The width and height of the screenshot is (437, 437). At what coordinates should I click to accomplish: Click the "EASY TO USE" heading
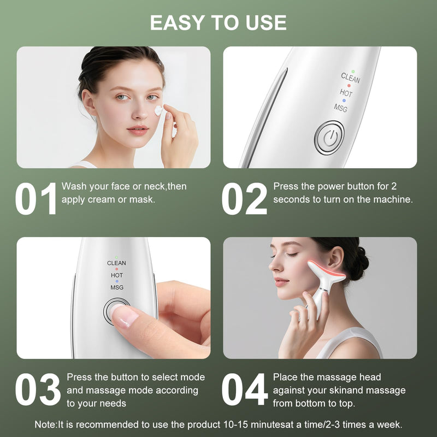tap(218, 22)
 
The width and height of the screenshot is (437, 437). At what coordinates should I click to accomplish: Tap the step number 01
tap(36, 199)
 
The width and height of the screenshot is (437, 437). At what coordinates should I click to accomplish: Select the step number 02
tap(244, 199)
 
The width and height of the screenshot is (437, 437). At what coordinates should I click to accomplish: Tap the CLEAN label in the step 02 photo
tap(350, 78)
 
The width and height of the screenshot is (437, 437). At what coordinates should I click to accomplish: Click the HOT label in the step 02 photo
tap(346, 93)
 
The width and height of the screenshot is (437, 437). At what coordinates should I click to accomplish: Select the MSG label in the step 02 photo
tap(340, 107)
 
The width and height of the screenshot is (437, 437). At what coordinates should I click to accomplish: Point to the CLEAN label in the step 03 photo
tap(116, 263)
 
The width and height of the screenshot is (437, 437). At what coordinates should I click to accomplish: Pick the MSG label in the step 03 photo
tap(116, 287)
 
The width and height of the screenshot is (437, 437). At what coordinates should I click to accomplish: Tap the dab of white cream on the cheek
tap(158, 111)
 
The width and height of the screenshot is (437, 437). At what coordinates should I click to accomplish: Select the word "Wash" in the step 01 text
tap(73, 186)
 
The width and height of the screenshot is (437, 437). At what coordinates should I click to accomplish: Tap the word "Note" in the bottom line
tap(45, 424)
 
